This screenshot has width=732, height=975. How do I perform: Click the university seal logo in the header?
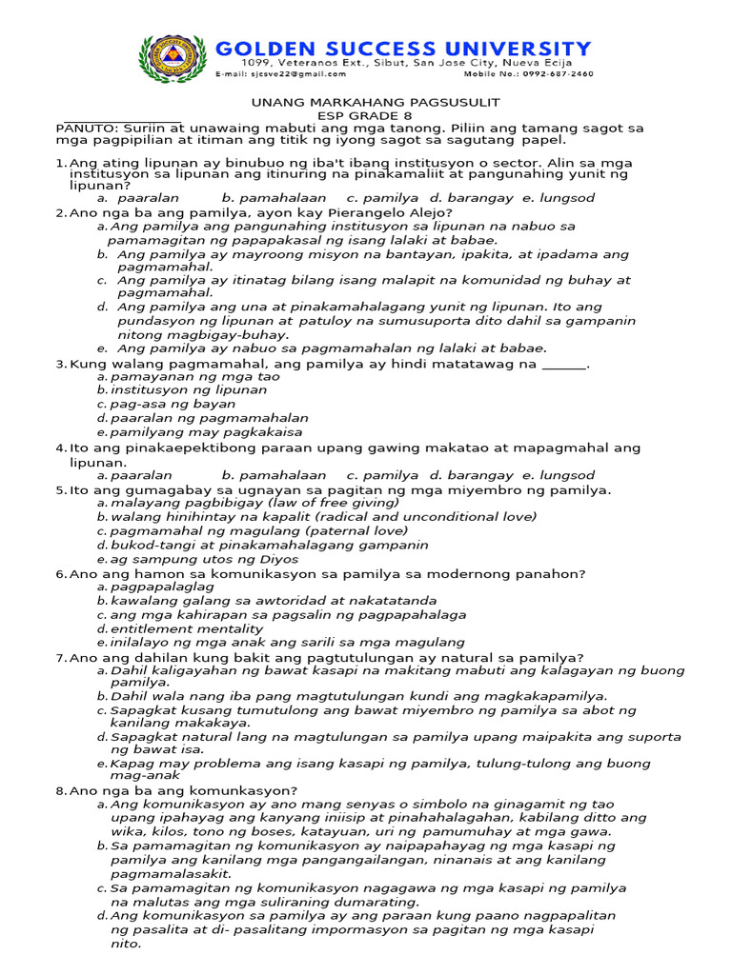point(173,58)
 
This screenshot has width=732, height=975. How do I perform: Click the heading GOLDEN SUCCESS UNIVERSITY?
point(404,48)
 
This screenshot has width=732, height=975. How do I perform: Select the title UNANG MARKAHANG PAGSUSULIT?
point(376,102)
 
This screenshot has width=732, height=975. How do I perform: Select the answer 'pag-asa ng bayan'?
point(173,404)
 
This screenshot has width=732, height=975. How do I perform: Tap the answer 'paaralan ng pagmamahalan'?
point(209,418)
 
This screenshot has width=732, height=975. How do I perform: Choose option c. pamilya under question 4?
point(382,475)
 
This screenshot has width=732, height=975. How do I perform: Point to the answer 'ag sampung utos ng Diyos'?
point(191,559)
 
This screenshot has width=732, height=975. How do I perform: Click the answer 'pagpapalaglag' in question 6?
point(162,587)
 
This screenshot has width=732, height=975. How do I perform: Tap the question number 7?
point(60,657)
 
